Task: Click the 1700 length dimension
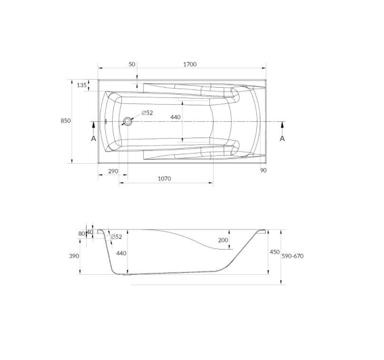[190, 64]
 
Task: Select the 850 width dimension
[66, 120]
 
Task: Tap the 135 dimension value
[82, 85]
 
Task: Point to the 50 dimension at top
[132, 64]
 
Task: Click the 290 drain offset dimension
[113, 171]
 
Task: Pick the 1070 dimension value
[164, 179]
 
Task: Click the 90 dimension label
[263, 170]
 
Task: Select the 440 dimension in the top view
[176, 117]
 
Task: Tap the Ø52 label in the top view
[147, 113]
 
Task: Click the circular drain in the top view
[128, 121]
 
